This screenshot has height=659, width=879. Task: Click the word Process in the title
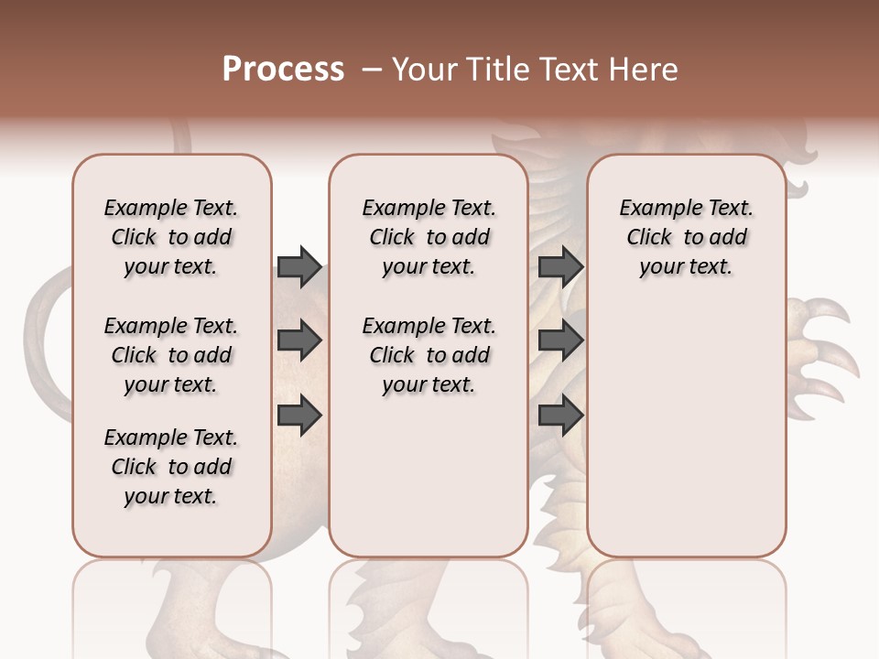point(283,70)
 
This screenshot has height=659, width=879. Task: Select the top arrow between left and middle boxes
point(299,266)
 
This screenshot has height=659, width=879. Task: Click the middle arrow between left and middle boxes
point(299,340)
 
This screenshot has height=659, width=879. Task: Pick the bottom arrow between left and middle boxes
point(299,415)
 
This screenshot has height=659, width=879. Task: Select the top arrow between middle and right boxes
point(560,266)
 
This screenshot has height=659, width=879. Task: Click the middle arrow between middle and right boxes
point(560,340)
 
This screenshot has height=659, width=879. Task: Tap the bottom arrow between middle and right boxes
point(560,415)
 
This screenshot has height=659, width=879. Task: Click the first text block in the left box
point(171,237)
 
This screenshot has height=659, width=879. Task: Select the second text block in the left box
point(171,355)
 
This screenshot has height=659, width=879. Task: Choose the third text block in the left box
point(171,467)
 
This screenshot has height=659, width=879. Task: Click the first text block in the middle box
point(429,237)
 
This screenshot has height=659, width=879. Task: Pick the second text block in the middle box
point(429,355)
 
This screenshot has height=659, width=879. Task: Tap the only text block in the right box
point(686,237)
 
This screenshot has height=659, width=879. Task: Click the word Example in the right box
point(653,209)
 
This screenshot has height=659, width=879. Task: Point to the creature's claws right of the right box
point(824,348)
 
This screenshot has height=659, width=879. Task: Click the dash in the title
point(372,70)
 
